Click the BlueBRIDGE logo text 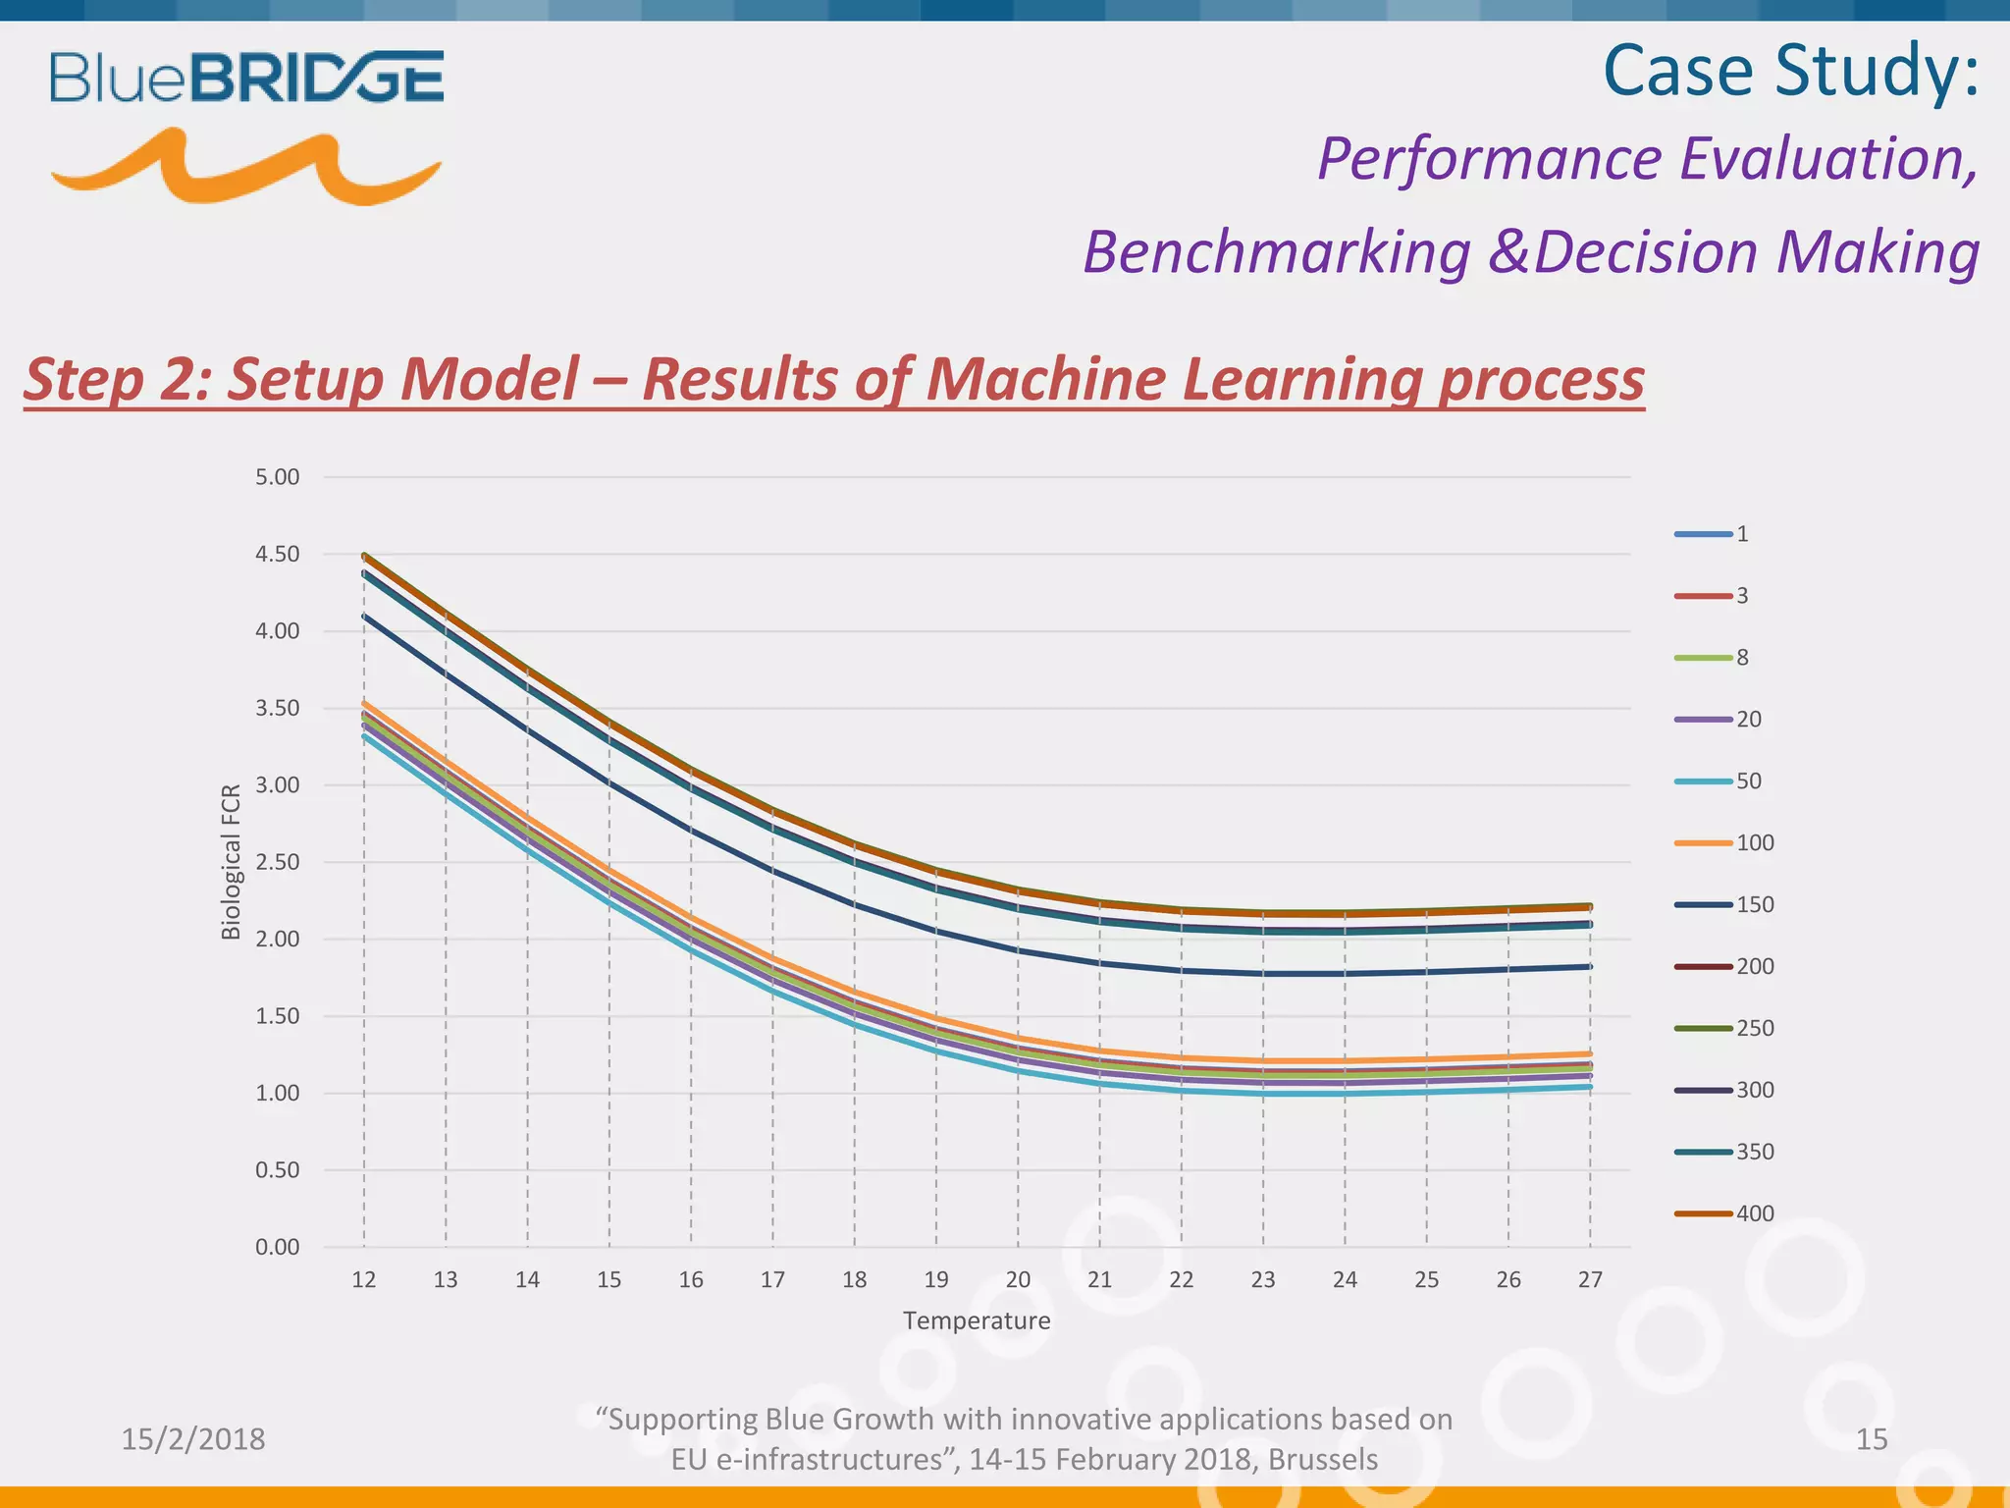[x=246, y=78]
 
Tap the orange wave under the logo [x=245, y=169]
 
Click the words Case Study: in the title [x=1790, y=71]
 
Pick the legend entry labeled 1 [x=1713, y=534]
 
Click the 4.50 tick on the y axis [x=277, y=555]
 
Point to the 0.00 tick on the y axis [x=277, y=1248]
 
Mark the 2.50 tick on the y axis [x=277, y=863]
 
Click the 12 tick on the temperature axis [x=364, y=1280]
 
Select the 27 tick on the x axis [x=1590, y=1280]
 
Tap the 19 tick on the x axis [x=936, y=1280]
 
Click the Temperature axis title [x=977, y=1321]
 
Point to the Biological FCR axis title [x=232, y=862]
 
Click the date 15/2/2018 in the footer [x=193, y=1439]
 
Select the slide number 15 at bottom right [x=1872, y=1439]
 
